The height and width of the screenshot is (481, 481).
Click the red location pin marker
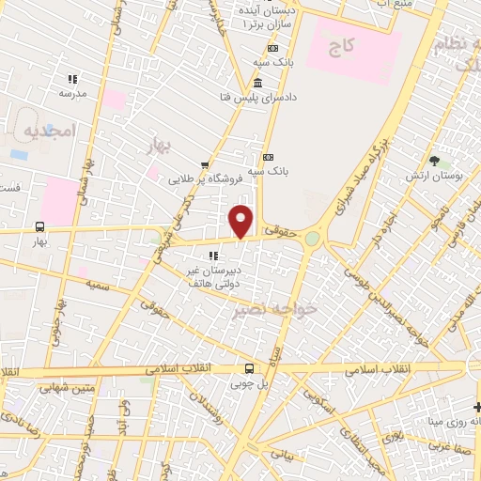coord(242,221)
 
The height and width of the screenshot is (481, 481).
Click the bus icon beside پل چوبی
coord(249,368)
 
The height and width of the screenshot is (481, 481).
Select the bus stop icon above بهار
coord(39,226)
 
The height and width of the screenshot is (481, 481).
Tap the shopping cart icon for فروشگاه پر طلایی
coord(206,163)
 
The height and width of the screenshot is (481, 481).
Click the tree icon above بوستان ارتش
coord(433,161)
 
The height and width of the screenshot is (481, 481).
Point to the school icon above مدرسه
coord(73,80)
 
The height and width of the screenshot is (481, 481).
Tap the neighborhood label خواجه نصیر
coord(292,308)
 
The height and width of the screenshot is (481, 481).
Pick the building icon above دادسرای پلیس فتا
coord(258,84)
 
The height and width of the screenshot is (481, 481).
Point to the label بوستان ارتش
coord(432,176)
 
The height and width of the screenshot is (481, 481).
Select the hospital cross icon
coord(476,406)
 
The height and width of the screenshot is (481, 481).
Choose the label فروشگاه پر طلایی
coord(206,177)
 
